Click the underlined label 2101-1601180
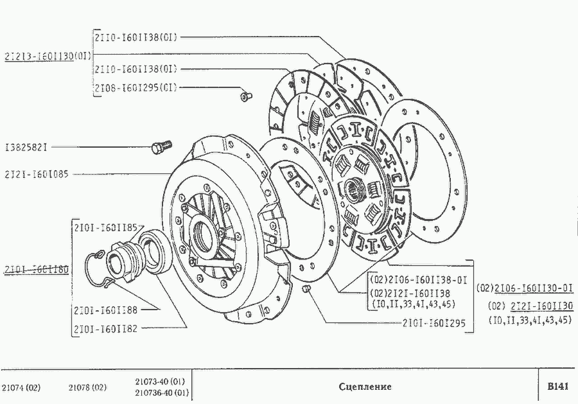tap(36, 268)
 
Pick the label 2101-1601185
tap(105, 227)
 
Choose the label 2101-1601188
tap(105, 310)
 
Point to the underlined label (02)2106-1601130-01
tap(525, 288)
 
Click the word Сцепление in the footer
tap(365, 387)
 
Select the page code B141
tap(557, 387)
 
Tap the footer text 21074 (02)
tap(22, 387)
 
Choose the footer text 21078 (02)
tap(87, 387)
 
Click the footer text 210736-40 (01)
tap(161, 392)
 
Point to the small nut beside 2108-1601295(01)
tap(245, 96)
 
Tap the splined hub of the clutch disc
tap(355, 188)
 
